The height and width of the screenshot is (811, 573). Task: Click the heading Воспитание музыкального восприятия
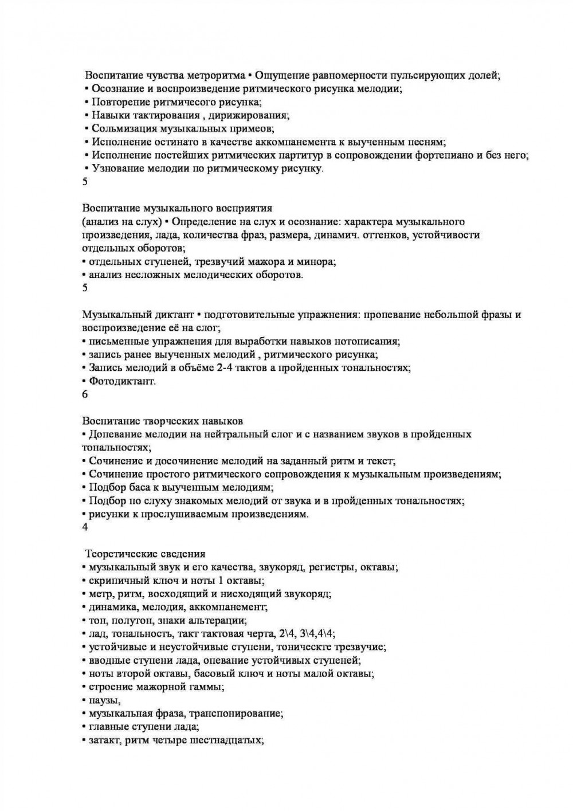[177, 207]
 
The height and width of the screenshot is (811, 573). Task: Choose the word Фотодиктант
[121, 381]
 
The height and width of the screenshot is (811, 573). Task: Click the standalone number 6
[85, 395]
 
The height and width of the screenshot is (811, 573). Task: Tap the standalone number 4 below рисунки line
[85, 527]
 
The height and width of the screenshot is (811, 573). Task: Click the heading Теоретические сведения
[145, 554]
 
